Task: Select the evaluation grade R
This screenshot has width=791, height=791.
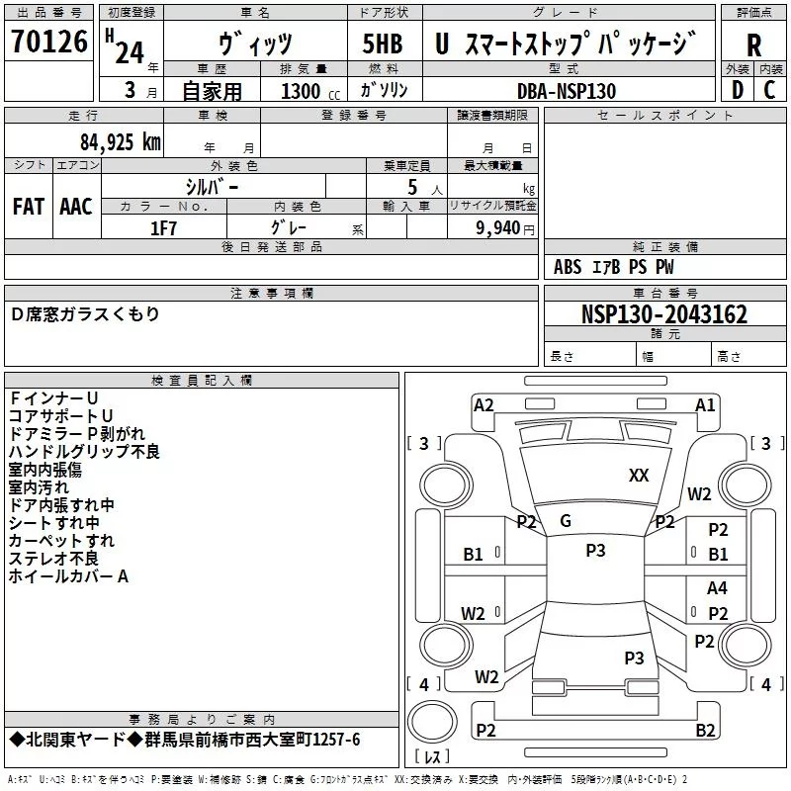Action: click(x=753, y=45)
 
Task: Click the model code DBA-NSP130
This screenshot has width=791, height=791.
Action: click(x=566, y=91)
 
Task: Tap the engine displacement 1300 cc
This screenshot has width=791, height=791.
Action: click(x=307, y=91)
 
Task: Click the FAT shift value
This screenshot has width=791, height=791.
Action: click(x=29, y=206)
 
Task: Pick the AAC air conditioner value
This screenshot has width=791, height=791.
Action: click(x=76, y=206)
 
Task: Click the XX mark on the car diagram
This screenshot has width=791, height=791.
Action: click(x=639, y=476)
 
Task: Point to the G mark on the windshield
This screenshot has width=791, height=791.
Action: click(x=566, y=521)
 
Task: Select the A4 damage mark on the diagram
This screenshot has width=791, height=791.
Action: click(x=718, y=588)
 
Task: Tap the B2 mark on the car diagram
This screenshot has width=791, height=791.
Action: click(x=705, y=731)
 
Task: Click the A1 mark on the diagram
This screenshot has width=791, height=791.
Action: click(x=705, y=404)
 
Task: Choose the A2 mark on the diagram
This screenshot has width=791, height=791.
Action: click(x=483, y=404)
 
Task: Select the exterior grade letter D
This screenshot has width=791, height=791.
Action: click(x=737, y=90)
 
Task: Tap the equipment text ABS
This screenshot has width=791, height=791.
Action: click(x=568, y=267)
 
